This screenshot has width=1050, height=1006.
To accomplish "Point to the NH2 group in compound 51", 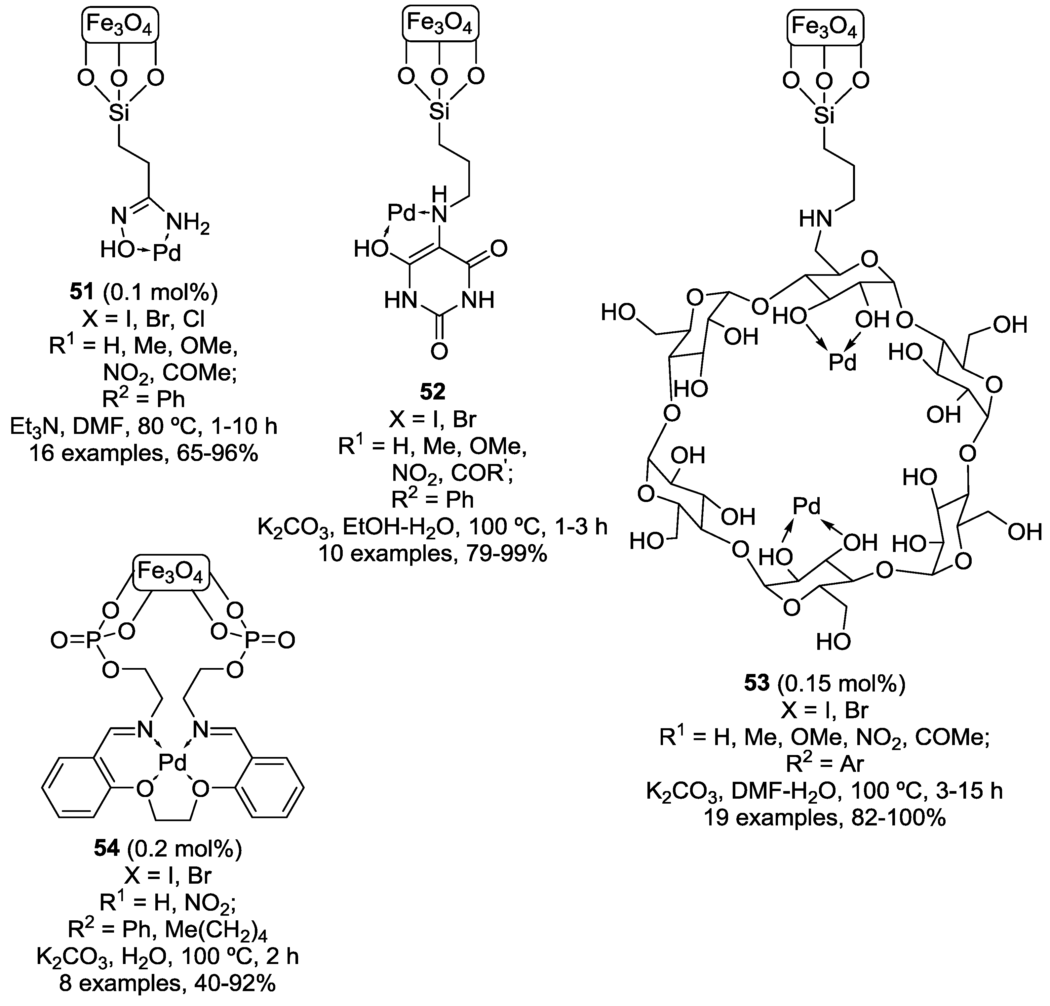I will point(187,224).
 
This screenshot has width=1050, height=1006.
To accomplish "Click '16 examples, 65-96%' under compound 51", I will point(143,453).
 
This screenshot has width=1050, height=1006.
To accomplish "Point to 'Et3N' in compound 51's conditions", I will point(33,427).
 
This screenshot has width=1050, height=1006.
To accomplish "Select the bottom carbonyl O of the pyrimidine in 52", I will point(439,351).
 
